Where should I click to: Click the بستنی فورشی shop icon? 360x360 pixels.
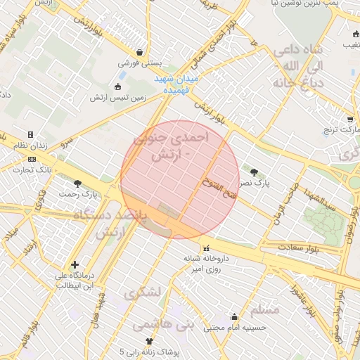(140, 52)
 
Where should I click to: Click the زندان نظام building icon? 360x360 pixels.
(30, 134)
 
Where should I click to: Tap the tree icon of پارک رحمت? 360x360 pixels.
(77, 183)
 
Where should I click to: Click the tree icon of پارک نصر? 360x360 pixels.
(254, 172)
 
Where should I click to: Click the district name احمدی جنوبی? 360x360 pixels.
(176, 139)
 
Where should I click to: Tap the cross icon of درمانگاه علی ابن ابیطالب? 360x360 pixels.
(75, 264)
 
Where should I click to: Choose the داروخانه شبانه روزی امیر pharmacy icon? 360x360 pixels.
(206, 248)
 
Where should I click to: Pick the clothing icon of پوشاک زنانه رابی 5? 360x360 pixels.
(149, 341)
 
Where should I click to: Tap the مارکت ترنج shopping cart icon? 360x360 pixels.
(350, 120)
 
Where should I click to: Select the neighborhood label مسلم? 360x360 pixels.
(264, 310)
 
